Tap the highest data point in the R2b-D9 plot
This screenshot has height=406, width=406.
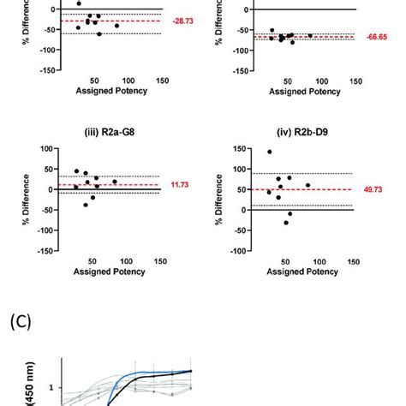coord(270,152)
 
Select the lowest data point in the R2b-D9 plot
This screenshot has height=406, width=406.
coord(286,223)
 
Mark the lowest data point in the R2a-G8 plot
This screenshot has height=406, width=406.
coord(86,205)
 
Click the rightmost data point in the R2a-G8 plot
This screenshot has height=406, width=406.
coord(115,181)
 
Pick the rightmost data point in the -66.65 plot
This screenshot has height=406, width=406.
coord(310,35)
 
